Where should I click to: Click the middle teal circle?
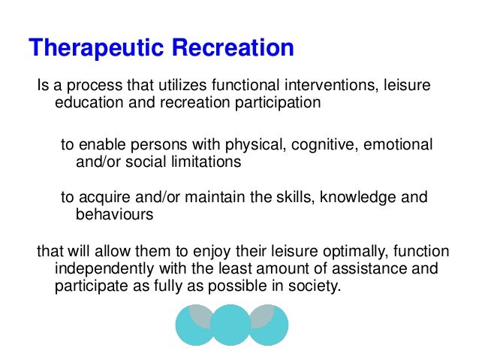(230, 324)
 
